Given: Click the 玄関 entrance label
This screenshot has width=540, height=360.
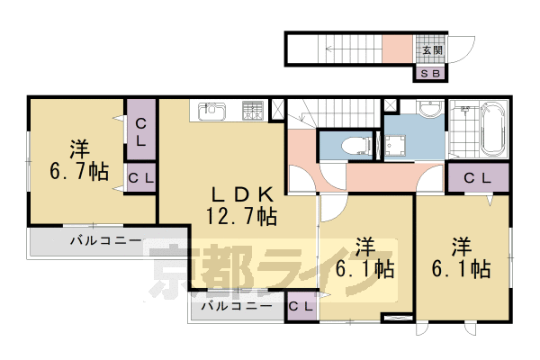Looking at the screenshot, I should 428,50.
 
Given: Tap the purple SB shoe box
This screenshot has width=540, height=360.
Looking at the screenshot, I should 428,74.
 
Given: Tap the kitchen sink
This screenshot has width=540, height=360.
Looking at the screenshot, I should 212,112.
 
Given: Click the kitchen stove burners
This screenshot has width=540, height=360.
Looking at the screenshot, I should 252,111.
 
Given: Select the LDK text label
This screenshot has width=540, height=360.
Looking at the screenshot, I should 242,193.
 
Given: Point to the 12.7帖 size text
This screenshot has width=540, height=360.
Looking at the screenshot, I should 242,216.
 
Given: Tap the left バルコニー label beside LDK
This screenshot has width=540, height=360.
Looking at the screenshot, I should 106,240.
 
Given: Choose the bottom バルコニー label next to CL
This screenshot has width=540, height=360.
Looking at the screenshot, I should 236,306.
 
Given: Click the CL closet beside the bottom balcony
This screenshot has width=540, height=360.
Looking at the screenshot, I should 301,307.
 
